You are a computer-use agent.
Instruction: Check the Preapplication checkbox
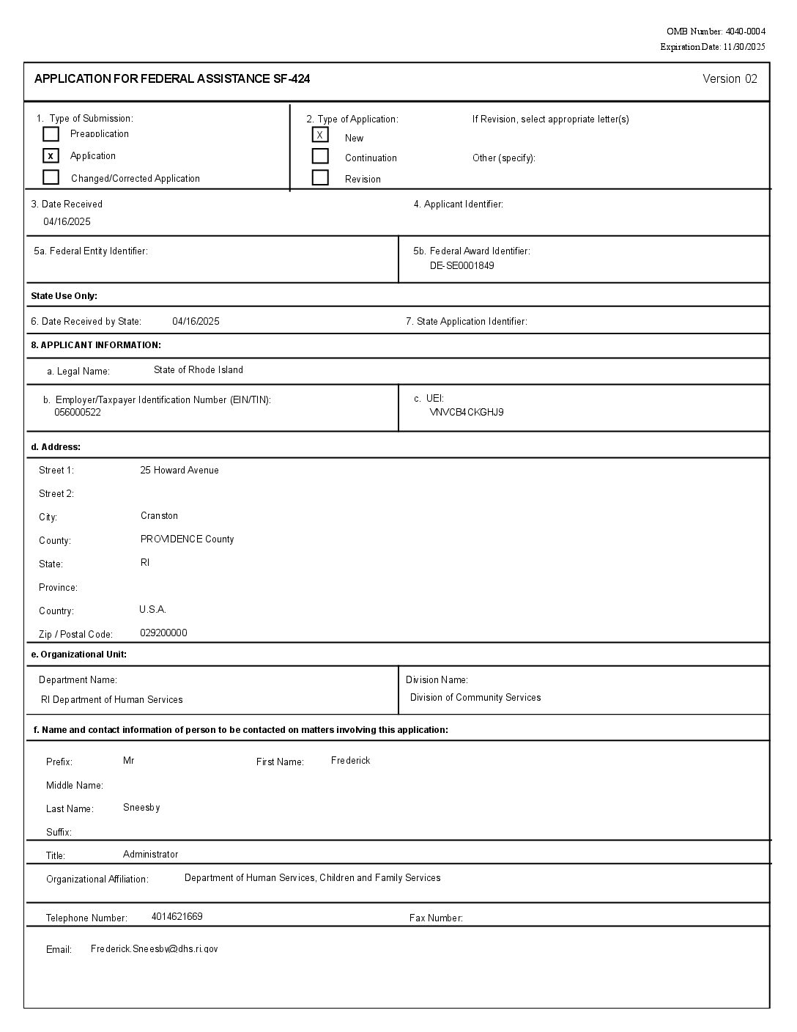pos(51,134)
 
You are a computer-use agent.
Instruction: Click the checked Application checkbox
pos(51,155)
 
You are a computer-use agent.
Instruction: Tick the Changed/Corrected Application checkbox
pos(51,177)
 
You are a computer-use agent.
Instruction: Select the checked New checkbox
pos(320,135)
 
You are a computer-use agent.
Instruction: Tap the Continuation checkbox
pos(320,156)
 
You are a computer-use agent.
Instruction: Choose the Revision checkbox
pos(320,177)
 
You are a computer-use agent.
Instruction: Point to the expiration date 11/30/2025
pos(744,47)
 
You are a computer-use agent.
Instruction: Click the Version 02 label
pos(730,79)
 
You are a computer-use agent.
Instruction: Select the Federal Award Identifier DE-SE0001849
pos(461,265)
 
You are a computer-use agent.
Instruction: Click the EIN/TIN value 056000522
pos(78,412)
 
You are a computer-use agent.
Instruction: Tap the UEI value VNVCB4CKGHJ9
pos(467,412)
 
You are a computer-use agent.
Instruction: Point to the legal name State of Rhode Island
pos(199,370)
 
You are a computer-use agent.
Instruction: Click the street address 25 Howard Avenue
pos(179,471)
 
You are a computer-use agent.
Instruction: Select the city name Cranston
pos(159,516)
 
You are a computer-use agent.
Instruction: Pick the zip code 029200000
pos(163,633)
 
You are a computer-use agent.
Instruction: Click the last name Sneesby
pos(141,808)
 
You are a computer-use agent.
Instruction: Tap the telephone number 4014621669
pos(177,917)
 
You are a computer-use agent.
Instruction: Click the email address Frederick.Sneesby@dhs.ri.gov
pos(154,949)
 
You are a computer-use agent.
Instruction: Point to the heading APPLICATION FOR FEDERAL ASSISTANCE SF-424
pos(172,79)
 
